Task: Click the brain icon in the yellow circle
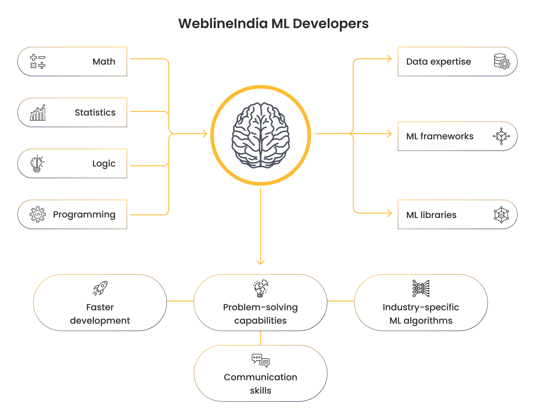260,134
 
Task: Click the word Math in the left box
104,62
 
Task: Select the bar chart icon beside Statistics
37,113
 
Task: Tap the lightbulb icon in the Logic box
37,164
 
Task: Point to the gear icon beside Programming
37,214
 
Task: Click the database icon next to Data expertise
502,62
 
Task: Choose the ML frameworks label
440,136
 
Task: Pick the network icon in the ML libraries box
502,214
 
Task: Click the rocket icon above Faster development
100,288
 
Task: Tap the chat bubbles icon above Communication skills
260,360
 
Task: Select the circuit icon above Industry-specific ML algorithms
421,288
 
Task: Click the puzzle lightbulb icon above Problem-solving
260,288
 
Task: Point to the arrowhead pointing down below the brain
260,262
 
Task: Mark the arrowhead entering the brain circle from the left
205,134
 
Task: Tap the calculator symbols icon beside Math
37,62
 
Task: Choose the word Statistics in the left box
95,112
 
